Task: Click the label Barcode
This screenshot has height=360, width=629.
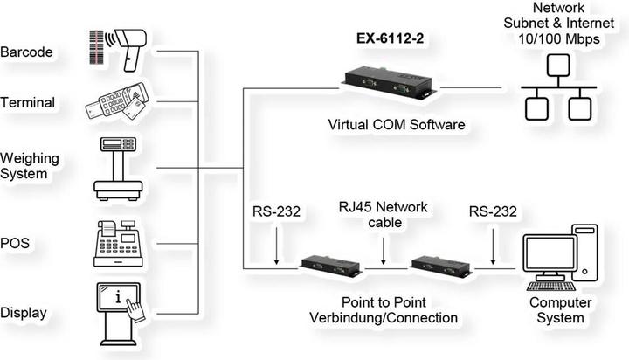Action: [27, 52]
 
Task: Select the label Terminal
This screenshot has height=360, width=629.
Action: [28, 103]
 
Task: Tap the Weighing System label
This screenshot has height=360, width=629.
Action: [30, 166]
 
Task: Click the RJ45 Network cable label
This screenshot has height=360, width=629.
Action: [384, 214]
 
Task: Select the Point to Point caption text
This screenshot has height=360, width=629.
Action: [384, 301]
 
